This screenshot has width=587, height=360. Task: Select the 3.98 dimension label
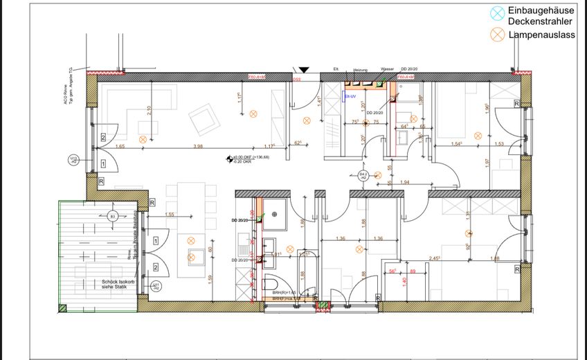198,146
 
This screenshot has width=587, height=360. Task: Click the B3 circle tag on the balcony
112,217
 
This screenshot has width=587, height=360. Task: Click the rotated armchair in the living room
204,119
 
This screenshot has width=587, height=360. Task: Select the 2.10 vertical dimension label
150,111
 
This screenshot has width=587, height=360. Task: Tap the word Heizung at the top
360,70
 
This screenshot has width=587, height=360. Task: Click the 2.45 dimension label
435,258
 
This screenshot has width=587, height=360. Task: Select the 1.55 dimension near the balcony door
170,215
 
